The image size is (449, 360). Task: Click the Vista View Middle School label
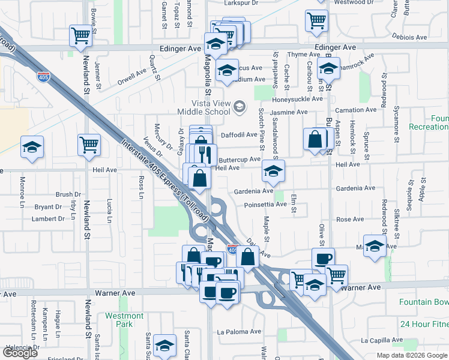203,107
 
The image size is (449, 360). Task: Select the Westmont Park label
124,320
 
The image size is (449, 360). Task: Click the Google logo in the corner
20,353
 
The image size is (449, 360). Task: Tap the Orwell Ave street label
131,76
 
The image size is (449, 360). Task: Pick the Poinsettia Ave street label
265,205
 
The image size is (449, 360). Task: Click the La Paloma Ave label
239,331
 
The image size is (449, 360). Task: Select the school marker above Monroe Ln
32,147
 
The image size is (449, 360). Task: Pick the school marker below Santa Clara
165,345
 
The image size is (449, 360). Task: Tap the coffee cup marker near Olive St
323,259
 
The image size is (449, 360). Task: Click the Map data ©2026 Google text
411,355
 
